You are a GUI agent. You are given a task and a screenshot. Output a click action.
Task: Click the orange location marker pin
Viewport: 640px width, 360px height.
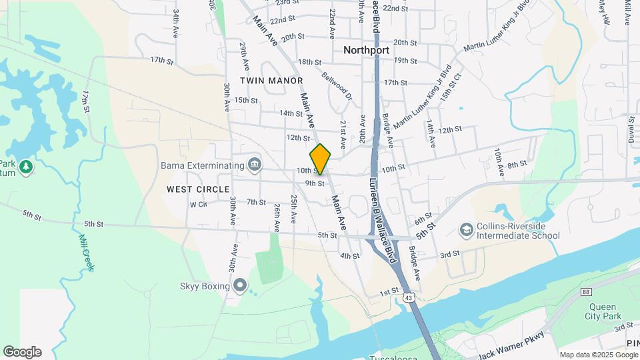coord(321,159)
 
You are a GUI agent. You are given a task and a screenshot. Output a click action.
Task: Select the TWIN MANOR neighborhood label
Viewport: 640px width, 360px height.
coord(267,80)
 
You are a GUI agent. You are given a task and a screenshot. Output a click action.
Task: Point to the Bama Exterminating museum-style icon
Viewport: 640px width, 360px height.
coord(254,164)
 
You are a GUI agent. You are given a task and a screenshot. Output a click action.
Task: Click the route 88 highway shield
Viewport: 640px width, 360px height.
coord(586,291)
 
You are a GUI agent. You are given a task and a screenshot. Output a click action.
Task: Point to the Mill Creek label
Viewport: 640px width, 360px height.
coord(86,251)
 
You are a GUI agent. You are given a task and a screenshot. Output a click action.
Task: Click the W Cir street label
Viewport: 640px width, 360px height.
coord(199,204)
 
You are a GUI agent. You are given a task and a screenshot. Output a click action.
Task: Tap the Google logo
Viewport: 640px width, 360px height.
coord(21,351)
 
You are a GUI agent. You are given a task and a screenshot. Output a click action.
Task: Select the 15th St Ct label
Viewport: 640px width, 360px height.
coord(455,85)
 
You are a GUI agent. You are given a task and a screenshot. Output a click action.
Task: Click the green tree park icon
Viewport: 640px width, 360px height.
coord(26,166)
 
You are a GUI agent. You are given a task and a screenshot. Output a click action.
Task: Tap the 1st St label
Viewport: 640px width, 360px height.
coord(389,291)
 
